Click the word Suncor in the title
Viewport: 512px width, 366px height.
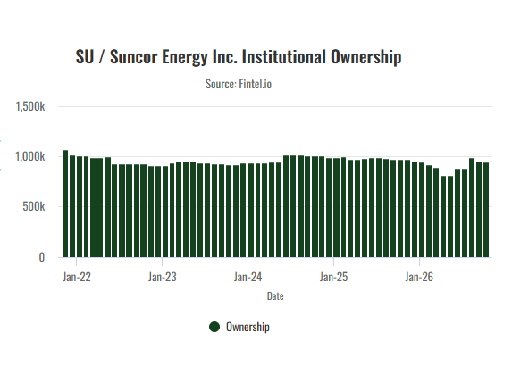tap(134, 57)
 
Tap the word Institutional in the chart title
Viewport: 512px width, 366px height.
tap(284, 57)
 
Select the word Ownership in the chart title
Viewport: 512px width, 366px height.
tap(365, 57)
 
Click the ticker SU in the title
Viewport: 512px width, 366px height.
tap(85, 57)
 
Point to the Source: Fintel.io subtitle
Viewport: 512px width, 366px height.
tap(239, 84)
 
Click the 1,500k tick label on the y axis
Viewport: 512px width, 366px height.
tap(30, 106)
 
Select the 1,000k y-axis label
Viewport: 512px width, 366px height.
tap(30, 157)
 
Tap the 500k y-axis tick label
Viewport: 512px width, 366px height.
tap(34, 207)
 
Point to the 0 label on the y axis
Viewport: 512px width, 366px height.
tap(42, 257)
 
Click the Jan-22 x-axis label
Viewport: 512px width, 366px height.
tap(77, 277)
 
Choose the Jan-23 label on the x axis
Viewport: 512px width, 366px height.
tap(163, 277)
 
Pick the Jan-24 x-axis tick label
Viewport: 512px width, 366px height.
tap(248, 277)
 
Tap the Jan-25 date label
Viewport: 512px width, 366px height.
tap(333, 277)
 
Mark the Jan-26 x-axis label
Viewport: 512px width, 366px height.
tap(419, 277)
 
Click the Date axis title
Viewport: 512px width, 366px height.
tap(275, 296)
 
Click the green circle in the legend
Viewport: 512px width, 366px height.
tap(214, 327)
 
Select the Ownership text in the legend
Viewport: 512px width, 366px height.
tap(248, 328)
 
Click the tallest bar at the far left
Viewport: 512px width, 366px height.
tap(65, 204)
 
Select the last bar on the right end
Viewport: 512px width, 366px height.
tap(486, 210)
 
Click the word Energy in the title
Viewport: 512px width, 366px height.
tap(185, 57)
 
